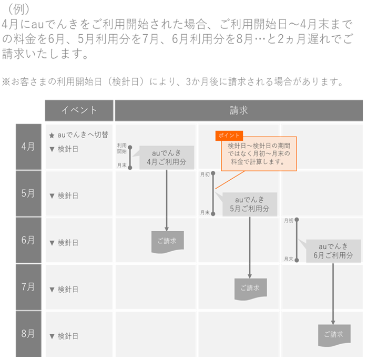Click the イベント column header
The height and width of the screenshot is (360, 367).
[79, 110]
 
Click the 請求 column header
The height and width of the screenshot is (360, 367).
[239, 110]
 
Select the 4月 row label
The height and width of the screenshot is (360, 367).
[28, 147]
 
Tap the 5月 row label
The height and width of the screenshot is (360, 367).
[28, 193]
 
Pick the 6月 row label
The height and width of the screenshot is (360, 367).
[28, 240]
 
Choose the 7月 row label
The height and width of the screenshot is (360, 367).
[28, 287]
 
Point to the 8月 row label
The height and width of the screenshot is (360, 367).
[28, 333]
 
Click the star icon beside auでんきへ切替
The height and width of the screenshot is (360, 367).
[52, 136]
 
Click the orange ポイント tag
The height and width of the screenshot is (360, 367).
[229, 136]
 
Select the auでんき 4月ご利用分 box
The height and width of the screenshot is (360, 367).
[166, 158]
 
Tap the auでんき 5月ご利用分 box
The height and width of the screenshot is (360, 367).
[249, 204]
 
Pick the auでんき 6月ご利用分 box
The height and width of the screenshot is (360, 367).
[333, 251]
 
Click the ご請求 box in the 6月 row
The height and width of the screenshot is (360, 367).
[167, 241]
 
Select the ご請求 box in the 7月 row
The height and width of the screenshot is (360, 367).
[250, 288]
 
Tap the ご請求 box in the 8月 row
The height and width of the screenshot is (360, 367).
[333, 334]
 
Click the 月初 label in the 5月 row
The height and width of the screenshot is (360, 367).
[205, 174]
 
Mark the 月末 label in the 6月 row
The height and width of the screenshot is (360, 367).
[289, 259]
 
